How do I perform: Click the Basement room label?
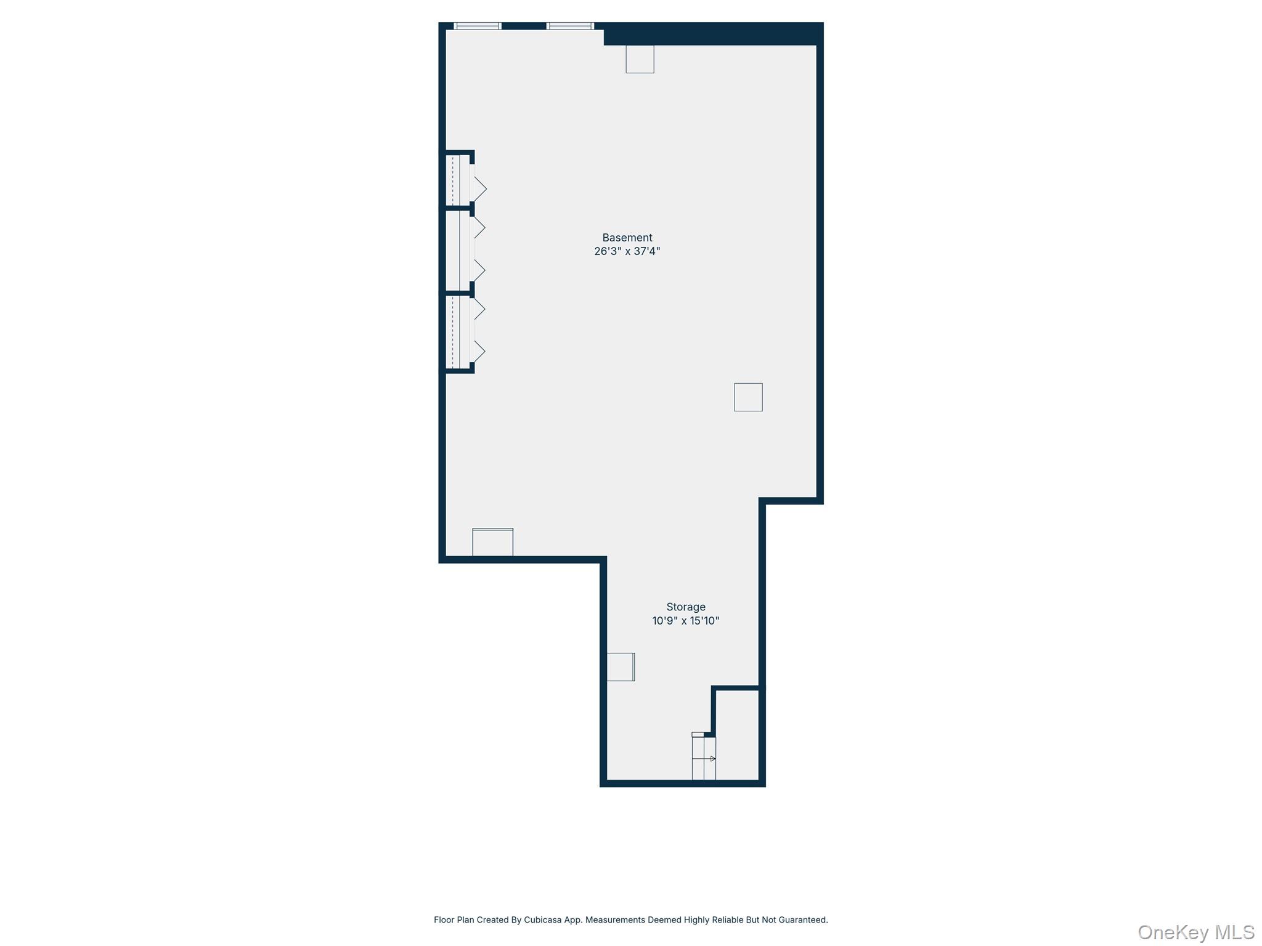pos(627,238)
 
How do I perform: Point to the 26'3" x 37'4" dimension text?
pos(627,251)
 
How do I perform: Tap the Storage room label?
pos(685,607)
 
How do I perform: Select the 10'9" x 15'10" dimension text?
pos(685,621)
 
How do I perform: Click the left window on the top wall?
pos(478,26)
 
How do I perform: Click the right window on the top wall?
pos(570,26)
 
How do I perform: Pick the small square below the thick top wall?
pos(640,59)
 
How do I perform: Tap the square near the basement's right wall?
pos(748,397)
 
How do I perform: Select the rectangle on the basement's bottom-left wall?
pos(492,542)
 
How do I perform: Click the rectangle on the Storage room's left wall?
pos(621,666)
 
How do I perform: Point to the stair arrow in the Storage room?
pos(712,759)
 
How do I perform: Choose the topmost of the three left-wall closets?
pos(457,179)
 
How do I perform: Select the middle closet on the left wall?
pos(457,250)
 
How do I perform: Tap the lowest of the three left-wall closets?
pos(457,332)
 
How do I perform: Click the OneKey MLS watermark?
pos(1196,932)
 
